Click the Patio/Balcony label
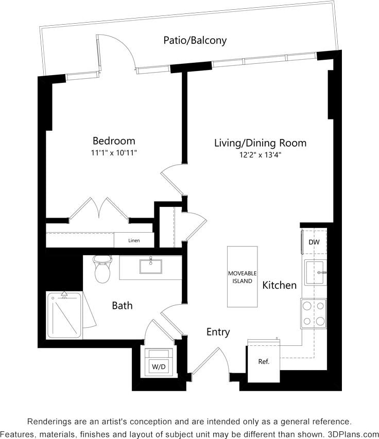(195, 40)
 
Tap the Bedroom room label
(114, 141)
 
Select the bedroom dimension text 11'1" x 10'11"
(114, 153)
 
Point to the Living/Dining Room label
(260, 143)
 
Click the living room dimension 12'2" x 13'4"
(260, 155)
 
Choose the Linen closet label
(134, 240)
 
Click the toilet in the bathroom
(102, 269)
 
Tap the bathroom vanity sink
(150, 267)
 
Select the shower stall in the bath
(64, 315)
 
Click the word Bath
(122, 306)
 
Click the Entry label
(218, 332)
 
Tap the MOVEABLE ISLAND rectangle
(242, 277)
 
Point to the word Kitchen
(280, 285)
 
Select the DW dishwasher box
(314, 242)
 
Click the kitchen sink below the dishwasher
(315, 272)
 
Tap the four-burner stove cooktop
(314, 313)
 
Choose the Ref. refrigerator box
(264, 361)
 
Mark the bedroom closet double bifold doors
(99, 208)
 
